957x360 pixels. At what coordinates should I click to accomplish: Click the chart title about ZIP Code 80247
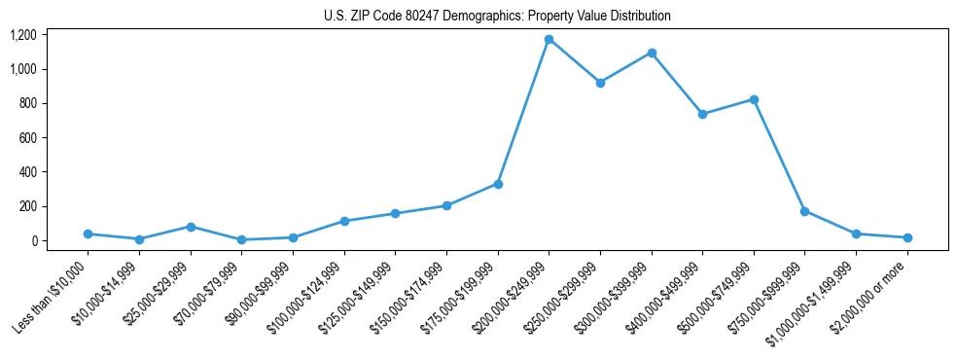(497, 17)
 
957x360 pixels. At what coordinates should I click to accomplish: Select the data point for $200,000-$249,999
(549, 40)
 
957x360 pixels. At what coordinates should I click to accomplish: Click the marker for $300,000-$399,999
(652, 53)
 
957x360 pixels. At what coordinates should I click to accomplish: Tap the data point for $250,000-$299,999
(600, 83)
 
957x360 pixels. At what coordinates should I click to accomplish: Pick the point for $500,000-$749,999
(754, 99)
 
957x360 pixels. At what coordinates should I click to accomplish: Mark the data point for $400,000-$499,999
(702, 114)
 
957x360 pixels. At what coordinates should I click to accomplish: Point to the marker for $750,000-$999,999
(804, 211)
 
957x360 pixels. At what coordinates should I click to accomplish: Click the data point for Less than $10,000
(89, 234)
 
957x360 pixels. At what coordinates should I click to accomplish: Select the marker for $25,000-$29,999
(191, 227)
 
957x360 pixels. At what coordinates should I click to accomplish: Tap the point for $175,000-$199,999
(498, 184)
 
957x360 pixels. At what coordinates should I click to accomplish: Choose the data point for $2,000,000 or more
(906, 237)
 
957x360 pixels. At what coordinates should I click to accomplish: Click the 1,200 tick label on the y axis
(23, 35)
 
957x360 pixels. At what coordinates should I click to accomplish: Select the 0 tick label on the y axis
(34, 241)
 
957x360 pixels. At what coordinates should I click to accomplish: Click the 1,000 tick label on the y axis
(23, 69)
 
